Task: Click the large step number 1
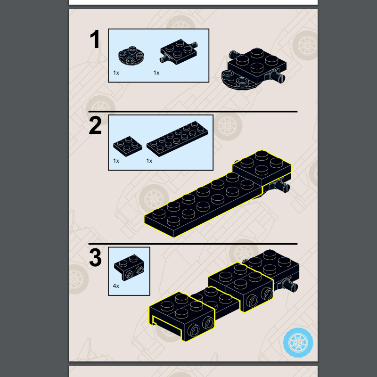pyautogui.click(x=95, y=40)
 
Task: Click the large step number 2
pyautogui.click(x=95, y=125)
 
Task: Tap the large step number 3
pyautogui.click(x=96, y=258)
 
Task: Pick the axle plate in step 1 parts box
pyautogui.click(x=179, y=51)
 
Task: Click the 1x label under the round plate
pyautogui.click(x=116, y=73)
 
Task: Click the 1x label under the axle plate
pyautogui.click(x=156, y=73)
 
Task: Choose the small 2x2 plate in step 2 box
pyautogui.click(x=127, y=146)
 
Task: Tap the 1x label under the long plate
pyautogui.click(x=149, y=161)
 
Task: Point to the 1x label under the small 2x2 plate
pyautogui.click(x=116, y=161)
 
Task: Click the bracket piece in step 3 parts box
pyautogui.click(x=129, y=268)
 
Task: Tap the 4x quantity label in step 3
pyautogui.click(x=116, y=286)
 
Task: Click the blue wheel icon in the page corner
pyautogui.click(x=298, y=342)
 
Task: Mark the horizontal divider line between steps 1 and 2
pyautogui.click(x=193, y=112)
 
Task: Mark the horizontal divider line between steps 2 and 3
pyautogui.click(x=193, y=244)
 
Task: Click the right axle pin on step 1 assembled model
pyautogui.click(x=277, y=76)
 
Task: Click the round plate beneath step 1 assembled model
pyautogui.click(x=238, y=81)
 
